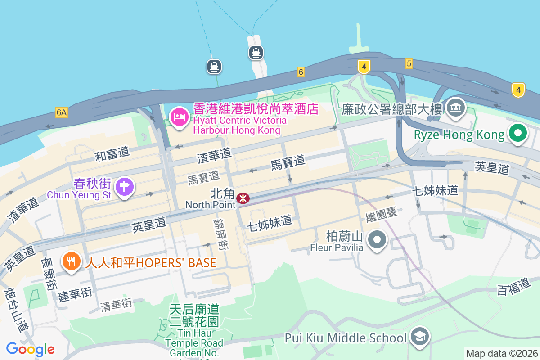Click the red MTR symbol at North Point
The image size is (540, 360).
[243, 198]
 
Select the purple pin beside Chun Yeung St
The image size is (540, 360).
[125, 187]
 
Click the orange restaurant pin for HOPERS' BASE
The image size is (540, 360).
[71, 261]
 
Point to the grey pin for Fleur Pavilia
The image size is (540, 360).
[377, 239]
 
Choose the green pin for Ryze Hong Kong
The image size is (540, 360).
[517, 133]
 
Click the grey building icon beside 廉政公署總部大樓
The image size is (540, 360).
[456, 108]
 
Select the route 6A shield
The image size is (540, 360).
[62, 112]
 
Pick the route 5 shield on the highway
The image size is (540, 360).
[409, 63]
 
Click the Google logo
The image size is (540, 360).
[31, 349]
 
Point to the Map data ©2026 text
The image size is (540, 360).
[501, 353]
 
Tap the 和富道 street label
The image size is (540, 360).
[112, 154]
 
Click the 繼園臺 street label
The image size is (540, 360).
[382, 213]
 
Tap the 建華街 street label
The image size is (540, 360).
[75, 295]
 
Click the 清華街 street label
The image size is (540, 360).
[117, 306]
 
